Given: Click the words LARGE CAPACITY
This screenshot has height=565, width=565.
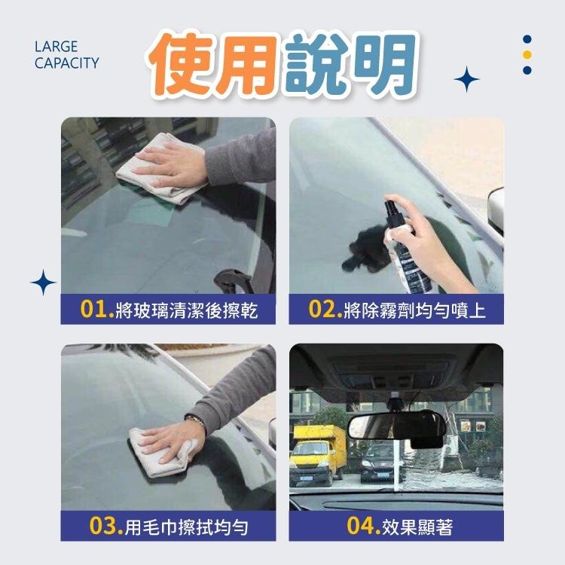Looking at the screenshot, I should [66, 55].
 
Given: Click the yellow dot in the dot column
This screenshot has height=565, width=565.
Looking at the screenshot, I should [527, 54].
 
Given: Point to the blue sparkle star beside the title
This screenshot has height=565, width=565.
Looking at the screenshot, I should [467, 79].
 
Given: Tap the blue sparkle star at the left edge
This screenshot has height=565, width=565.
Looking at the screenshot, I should [44, 283].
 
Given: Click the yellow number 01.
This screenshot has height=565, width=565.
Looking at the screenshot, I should [97, 310].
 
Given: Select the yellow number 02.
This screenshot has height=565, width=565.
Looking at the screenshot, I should [325, 310].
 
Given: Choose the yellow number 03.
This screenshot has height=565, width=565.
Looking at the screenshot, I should [106, 527].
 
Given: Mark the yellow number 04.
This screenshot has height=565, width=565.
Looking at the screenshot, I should [363, 527].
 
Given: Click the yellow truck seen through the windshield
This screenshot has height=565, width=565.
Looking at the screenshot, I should [316, 452].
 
